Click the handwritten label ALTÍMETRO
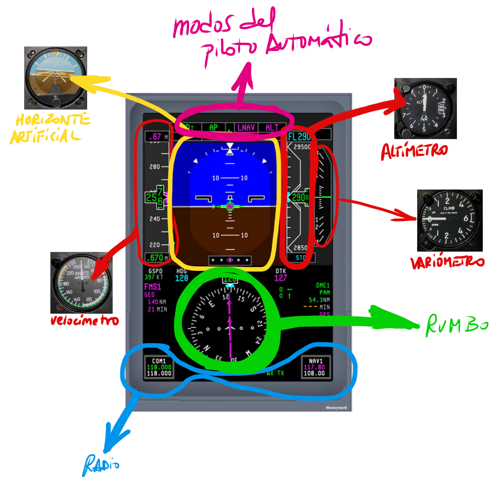pyautogui.click(x=414, y=152)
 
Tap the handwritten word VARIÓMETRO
pyautogui.click(x=447, y=262)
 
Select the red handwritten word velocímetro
pyautogui.click(x=84, y=321)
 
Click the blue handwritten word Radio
pyautogui.click(x=101, y=465)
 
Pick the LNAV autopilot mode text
pyautogui.click(x=246, y=127)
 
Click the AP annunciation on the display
pyautogui.click(x=213, y=127)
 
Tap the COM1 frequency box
pyautogui.click(x=159, y=367)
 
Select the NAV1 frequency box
pyautogui.click(x=314, y=367)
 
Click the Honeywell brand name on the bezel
pyautogui.click(x=336, y=408)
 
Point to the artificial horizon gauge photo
pyautogui.click(x=56, y=78)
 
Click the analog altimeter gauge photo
pyautogui.click(x=425, y=109)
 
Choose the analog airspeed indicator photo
pyautogui.click(x=82, y=283)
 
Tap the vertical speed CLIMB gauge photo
pyautogui.click(x=450, y=220)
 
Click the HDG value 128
pyautogui.click(x=182, y=278)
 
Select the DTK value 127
pyautogui.click(x=280, y=278)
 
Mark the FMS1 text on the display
pyautogui.click(x=152, y=287)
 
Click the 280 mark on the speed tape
pyautogui.click(x=155, y=167)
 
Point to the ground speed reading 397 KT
pyautogui.click(x=154, y=277)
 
